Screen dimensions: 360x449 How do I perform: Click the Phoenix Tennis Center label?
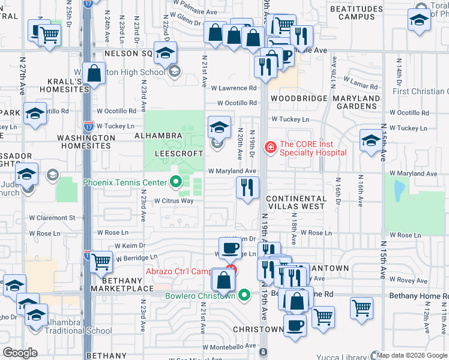tap(125, 182)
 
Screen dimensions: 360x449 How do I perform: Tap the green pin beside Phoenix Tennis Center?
tap(176, 182)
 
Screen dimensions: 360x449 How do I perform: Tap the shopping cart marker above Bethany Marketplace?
tap(101, 261)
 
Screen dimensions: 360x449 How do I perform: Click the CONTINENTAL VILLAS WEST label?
tap(296, 202)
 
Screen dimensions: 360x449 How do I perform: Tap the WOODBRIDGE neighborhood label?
tap(298, 98)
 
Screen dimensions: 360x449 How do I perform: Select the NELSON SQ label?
tap(129, 53)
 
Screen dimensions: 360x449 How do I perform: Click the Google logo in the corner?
tap(20, 353)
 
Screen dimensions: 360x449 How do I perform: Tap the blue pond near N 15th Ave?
tap(397, 190)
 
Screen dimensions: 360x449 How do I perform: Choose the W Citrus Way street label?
tap(174, 201)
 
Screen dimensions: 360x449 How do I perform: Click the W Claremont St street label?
tap(55, 218)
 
